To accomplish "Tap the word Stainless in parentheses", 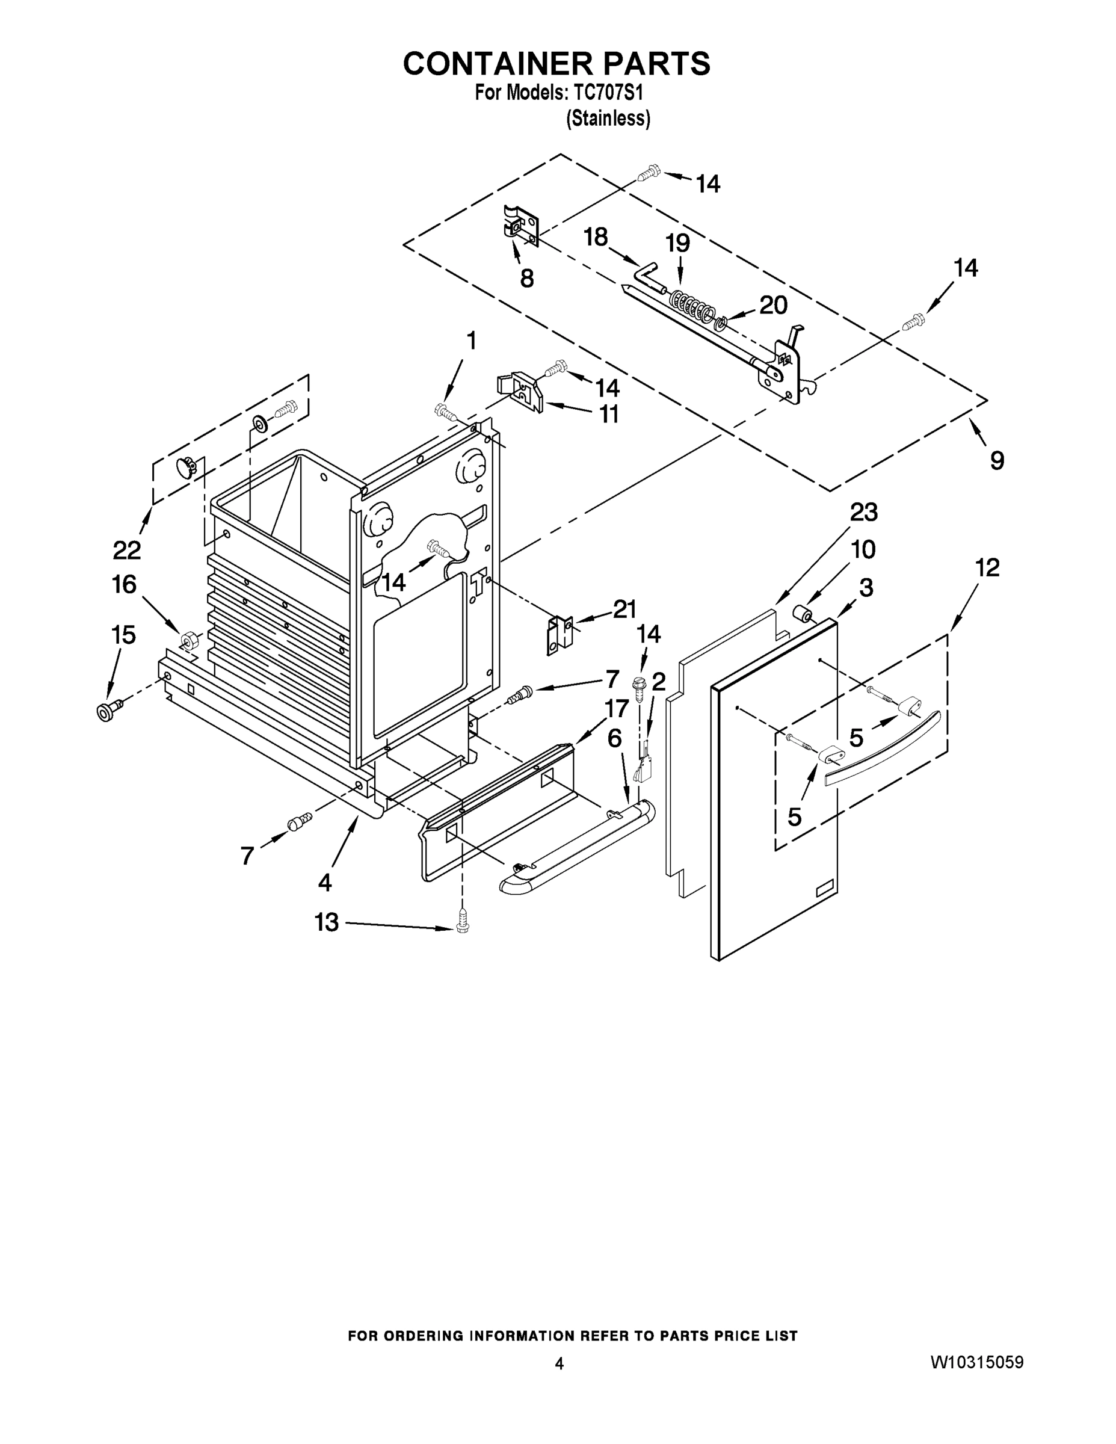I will [x=608, y=119].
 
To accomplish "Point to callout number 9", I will [x=997, y=460].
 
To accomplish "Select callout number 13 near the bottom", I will [x=327, y=922].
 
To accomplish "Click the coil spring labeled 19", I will [x=691, y=305].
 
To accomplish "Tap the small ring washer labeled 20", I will [x=722, y=322].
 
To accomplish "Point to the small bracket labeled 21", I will [x=560, y=635].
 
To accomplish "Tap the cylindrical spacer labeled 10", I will [x=804, y=615].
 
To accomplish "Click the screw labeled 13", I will [x=463, y=927].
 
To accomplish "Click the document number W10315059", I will [x=977, y=1362].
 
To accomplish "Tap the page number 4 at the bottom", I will [x=559, y=1363].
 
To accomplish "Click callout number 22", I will [x=127, y=549].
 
